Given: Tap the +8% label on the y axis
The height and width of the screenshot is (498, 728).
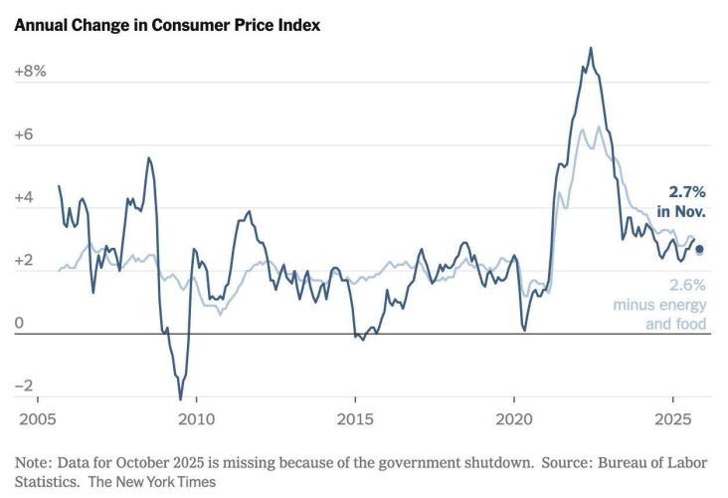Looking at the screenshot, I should click(30, 72).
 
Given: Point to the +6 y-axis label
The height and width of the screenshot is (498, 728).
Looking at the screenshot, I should click(25, 134).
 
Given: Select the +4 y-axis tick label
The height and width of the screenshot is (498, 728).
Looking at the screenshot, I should click(25, 198).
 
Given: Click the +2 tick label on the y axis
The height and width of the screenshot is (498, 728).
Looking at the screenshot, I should click(25, 261).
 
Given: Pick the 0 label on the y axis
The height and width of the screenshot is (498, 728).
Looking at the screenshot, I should click(18, 324).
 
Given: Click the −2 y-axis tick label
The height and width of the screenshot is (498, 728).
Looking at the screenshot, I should click(24, 386).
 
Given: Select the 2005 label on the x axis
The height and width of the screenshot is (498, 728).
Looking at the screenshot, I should click(37, 418).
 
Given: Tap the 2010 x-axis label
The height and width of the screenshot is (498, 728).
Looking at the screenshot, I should click(196, 418).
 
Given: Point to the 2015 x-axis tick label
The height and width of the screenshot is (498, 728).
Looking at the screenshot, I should click(355, 418).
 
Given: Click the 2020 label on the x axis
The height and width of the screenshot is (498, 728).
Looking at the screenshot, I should click(514, 418).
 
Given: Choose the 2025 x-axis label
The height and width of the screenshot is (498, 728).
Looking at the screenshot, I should click(673, 418).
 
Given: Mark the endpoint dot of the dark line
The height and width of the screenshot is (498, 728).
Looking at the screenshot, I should click(698, 249).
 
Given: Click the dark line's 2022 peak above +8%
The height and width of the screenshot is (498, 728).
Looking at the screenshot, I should click(591, 48).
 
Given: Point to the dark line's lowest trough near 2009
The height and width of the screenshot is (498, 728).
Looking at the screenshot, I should click(181, 399).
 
